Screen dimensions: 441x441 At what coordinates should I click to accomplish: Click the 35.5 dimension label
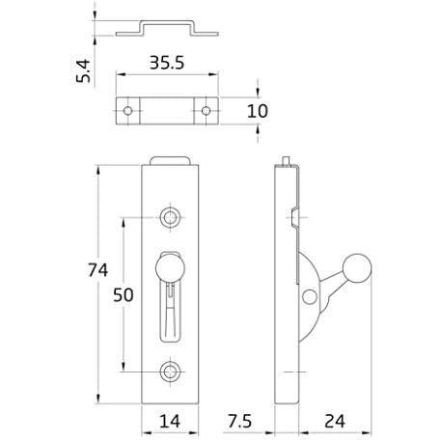point(167,63)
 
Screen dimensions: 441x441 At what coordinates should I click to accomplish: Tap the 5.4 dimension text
point(83,71)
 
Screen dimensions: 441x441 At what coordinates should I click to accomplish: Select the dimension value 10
point(258,111)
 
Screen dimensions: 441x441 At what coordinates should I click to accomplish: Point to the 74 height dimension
point(98,270)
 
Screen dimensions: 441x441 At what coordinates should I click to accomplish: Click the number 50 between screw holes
point(124,295)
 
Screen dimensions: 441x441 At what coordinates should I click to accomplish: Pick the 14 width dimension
point(170,421)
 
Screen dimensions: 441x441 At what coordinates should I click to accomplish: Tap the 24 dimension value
point(335,421)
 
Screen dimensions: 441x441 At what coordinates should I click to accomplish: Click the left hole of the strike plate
point(127,111)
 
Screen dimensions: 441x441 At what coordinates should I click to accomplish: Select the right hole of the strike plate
point(206,111)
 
